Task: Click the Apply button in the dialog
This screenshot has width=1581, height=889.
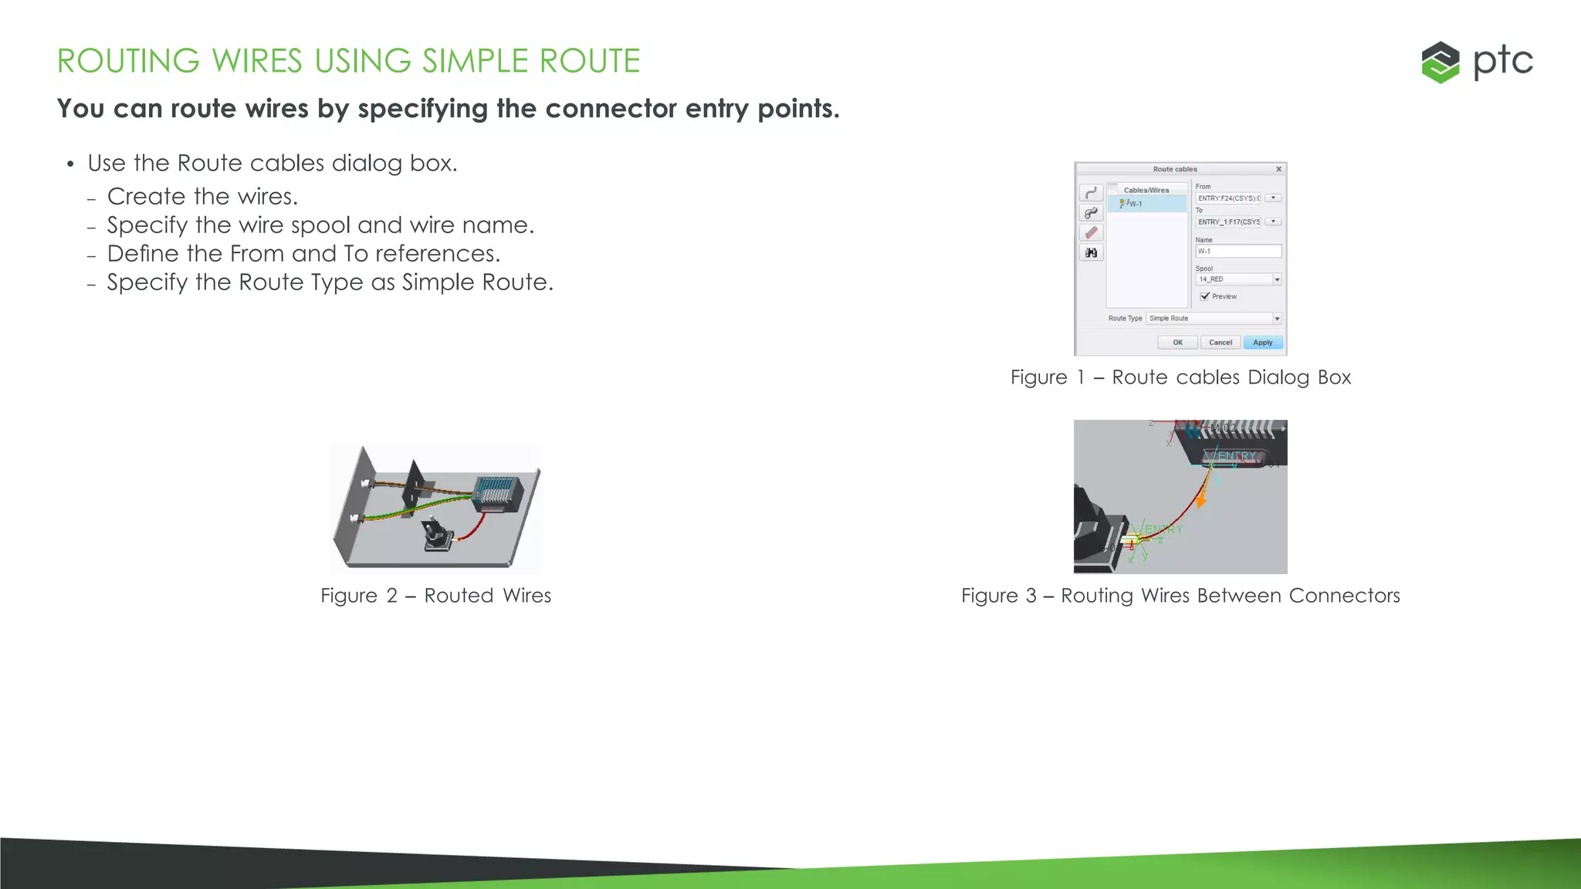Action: [1262, 343]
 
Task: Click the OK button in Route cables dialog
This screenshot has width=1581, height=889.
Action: [1177, 343]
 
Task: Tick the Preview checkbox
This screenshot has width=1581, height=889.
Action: [1205, 296]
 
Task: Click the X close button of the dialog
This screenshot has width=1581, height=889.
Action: [1278, 169]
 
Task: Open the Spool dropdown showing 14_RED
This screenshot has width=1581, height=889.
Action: [1277, 279]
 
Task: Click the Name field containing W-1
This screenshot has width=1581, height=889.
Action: [1237, 252]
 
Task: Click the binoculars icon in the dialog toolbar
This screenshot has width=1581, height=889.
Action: [1091, 253]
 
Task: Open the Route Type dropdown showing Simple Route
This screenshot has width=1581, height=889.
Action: [1277, 319]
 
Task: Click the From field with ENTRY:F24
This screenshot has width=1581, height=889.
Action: [1228, 198]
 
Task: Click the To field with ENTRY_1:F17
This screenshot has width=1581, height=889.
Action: [1228, 222]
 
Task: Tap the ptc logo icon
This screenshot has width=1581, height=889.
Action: [1441, 63]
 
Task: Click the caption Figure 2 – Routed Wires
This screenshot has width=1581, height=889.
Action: [435, 596]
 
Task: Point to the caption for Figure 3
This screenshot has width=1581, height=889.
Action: [1180, 596]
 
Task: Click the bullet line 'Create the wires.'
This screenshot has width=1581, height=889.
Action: [202, 197]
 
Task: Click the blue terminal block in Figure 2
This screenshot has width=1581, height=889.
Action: [495, 492]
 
